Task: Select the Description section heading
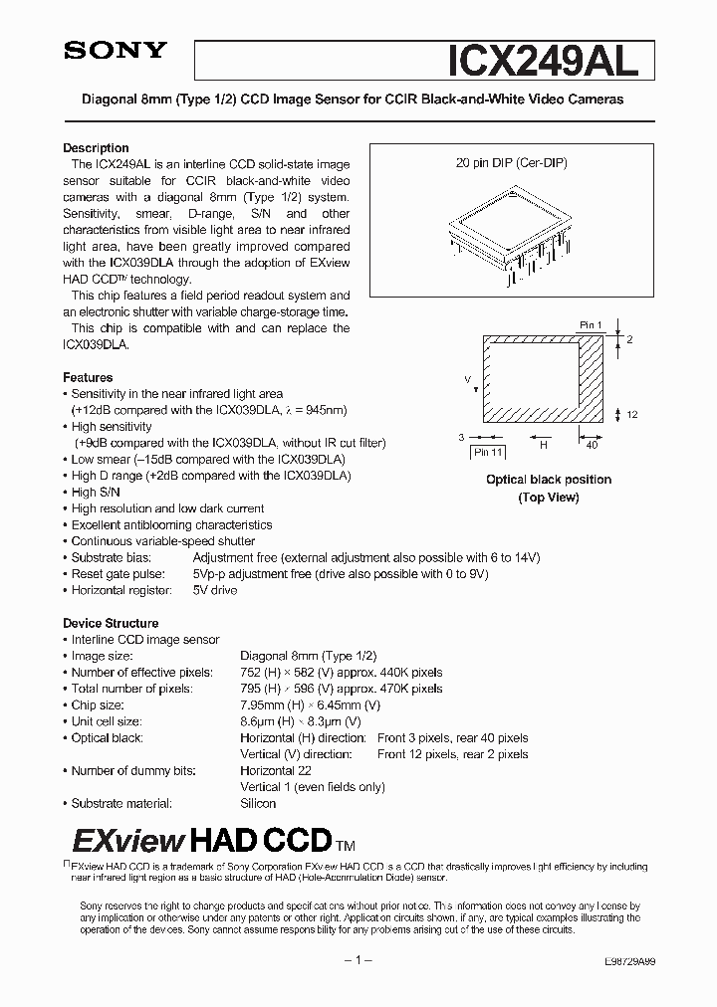pyautogui.click(x=96, y=148)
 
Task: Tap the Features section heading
pyautogui.click(x=88, y=378)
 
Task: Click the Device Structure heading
pyautogui.click(x=111, y=624)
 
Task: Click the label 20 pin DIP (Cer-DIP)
pyautogui.click(x=511, y=161)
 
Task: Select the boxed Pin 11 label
pyautogui.click(x=489, y=452)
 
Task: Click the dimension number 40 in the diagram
pyautogui.click(x=592, y=445)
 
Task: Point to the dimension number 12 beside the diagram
pyautogui.click(x=631, y=414)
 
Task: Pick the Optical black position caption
pyautogui.click(x=548, y=480)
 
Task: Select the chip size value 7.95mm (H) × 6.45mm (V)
pyautogui.click(x=313, y=705)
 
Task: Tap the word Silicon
pyautogui.click(x=258, y=803)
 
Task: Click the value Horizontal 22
pyautogui.click(x=276, y=770)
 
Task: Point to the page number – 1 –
pyautogui.click(x=358, y=961)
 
